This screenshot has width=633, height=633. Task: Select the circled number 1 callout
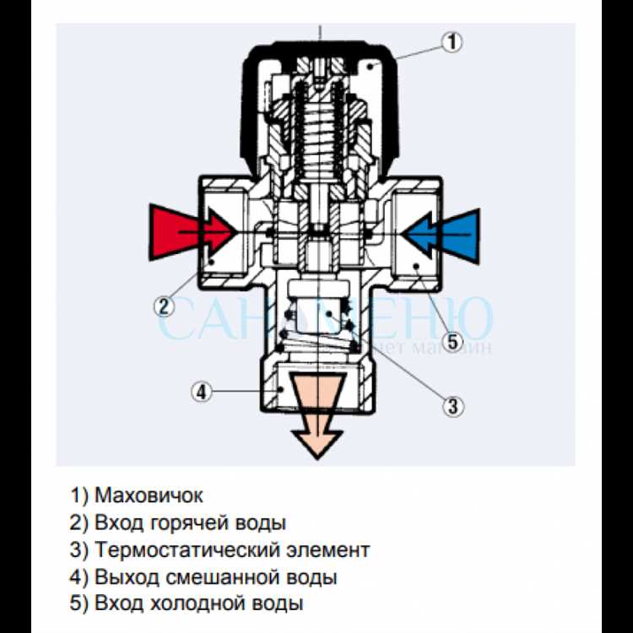pos(453,41)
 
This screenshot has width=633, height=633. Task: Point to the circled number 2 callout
pos(163,306)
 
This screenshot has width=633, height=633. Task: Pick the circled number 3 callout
pos(453,406)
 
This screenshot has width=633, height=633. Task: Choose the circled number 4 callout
pos(200,392)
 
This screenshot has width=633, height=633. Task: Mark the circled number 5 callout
pos(453,341)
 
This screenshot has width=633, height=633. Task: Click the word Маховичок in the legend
pos(149,495)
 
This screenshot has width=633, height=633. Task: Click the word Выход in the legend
pos(122,578)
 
